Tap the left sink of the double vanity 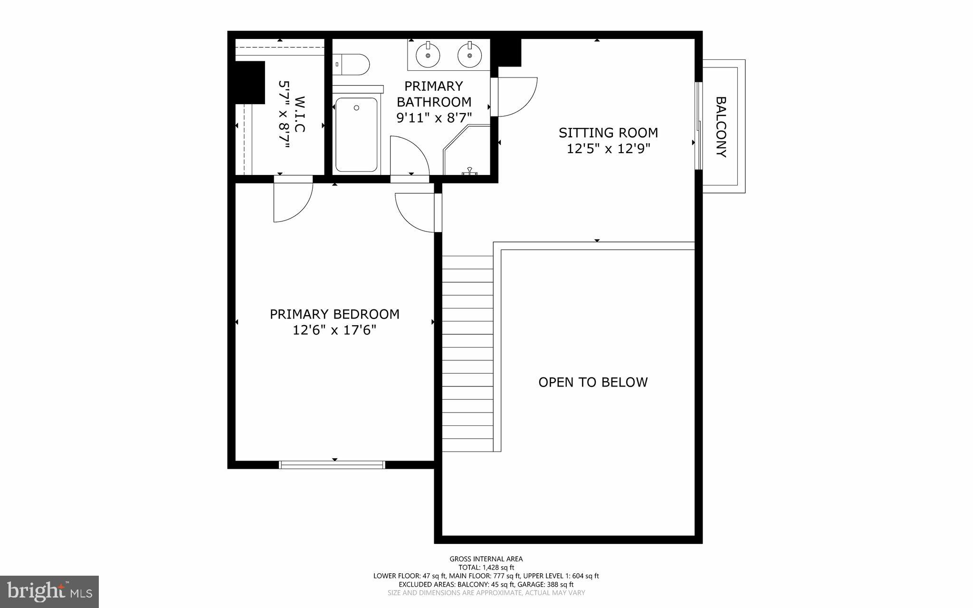point(428,55)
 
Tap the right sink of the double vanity point(470,55)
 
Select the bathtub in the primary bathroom point(356,135)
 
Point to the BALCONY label point(721,127)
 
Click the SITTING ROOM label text point(608,133)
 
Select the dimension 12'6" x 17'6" point(334,330)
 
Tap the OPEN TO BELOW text point(593,382)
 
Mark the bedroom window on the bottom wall point(332,464)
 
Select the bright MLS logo point(49,592)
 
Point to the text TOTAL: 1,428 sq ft point(486,567)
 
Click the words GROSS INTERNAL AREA point(486,559)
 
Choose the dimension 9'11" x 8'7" point(434,117)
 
